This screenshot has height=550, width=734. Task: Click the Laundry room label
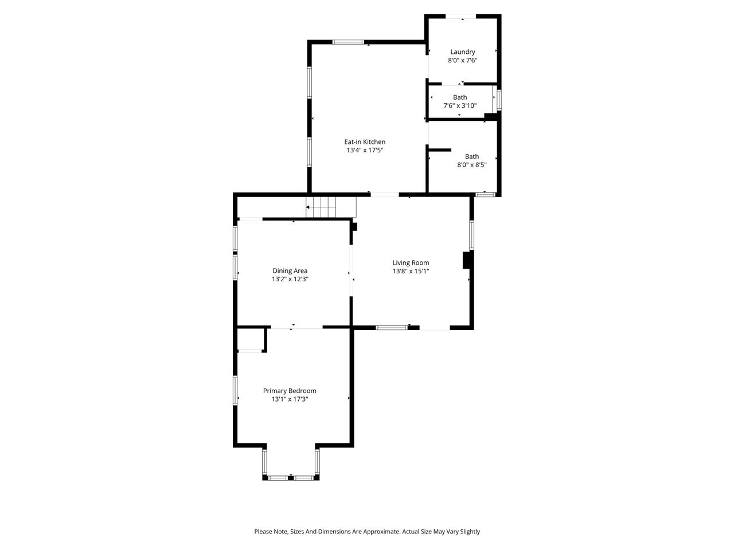coord(462,52)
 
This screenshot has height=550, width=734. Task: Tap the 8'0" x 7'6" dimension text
coord(462,60)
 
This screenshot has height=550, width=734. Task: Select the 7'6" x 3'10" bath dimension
coord(460,105)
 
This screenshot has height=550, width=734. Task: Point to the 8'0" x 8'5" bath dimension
coord(471,165)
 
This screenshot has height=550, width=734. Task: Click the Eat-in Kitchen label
coord(365,142)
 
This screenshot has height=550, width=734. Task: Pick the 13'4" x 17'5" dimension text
coord(365,151)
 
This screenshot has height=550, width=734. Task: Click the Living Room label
coord(411,263)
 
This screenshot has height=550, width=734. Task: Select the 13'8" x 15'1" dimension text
coord(411,272)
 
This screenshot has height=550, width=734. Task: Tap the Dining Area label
coord(290,271)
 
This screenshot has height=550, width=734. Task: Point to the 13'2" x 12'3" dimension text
coord(290,280)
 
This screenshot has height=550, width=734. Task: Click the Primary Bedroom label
coord(290,391)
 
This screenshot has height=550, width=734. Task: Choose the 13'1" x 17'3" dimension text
coord(290,399)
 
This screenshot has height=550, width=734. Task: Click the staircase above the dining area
coord(321,207)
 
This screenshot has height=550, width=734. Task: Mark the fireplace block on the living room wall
coord(467,260)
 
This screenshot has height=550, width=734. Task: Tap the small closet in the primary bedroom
coord(251,339)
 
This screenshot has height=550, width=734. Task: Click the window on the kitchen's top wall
coord(348,42)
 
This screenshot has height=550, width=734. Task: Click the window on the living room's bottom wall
coord(392,328)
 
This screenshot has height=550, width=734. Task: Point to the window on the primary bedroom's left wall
coord(235,390)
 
